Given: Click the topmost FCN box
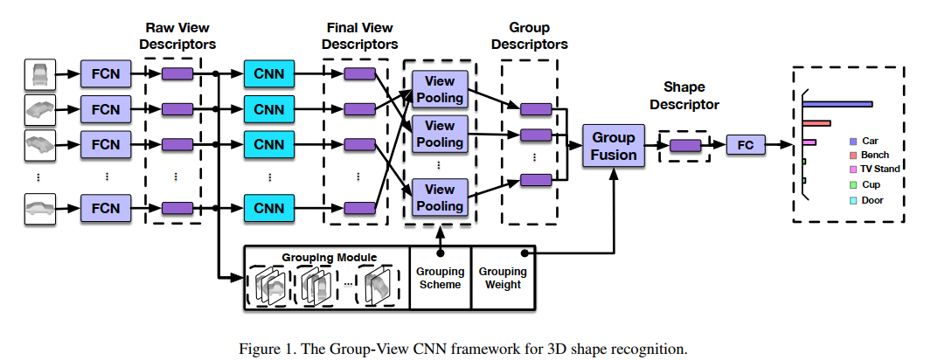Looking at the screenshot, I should tap(105, 73).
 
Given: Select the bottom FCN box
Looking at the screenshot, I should tap(105, 209).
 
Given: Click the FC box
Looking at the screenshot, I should tap(745, 145).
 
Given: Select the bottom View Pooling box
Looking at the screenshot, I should tap(439, 197).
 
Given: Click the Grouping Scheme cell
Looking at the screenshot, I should tap(440, 278).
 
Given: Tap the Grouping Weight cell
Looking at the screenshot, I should tap(502, 278).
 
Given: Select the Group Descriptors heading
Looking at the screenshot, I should tap(529, 35).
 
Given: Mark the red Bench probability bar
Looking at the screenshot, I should tap(816, 123).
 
